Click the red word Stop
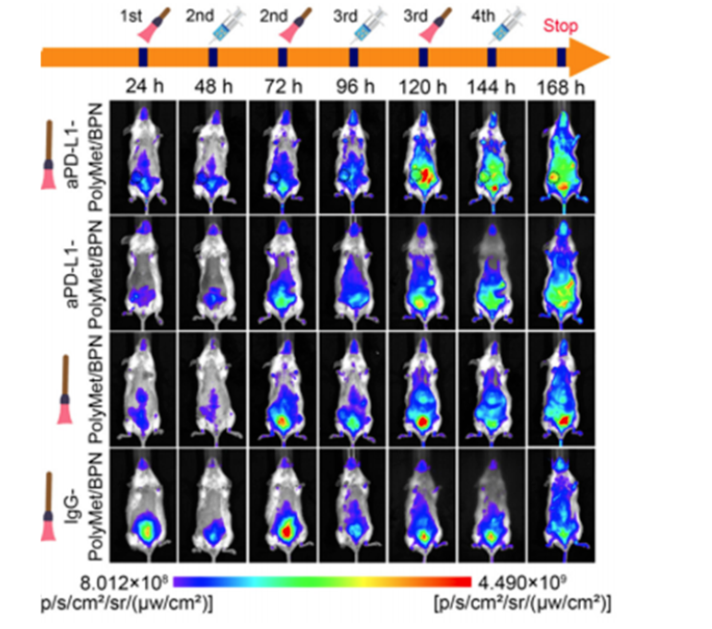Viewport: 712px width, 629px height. (x=561, y=26)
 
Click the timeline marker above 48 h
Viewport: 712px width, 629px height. (x=213, y=57)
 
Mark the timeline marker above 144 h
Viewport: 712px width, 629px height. (x=492, y=57)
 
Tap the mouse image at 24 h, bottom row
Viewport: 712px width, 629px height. (x=144, y=504)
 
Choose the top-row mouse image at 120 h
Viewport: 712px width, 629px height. (x=422, y=157)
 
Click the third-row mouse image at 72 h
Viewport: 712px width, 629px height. (x=283, y=388)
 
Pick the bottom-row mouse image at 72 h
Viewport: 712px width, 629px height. (x=283, y=504)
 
